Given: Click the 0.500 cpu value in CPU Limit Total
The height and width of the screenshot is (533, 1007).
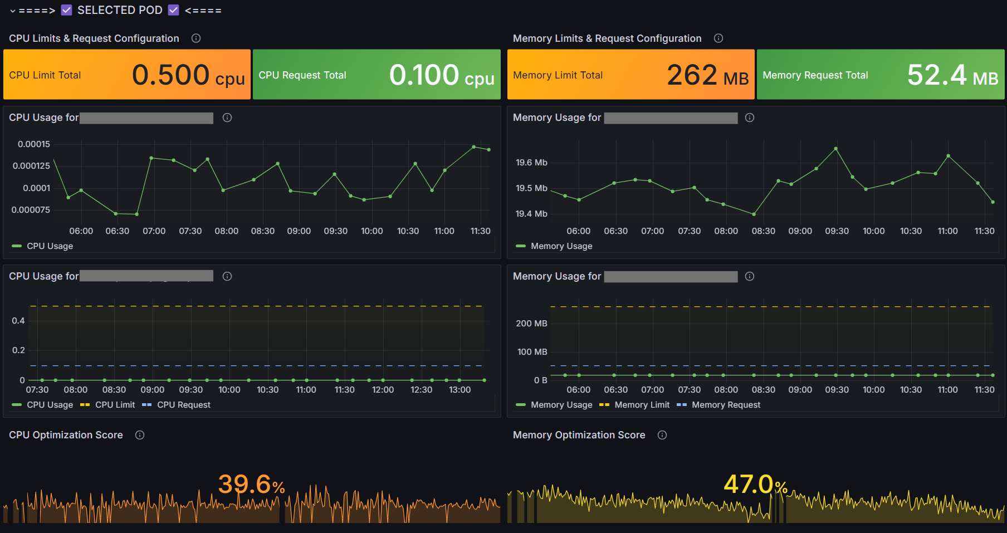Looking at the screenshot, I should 188,75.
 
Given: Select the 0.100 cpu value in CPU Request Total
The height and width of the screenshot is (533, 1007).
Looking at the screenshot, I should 441,75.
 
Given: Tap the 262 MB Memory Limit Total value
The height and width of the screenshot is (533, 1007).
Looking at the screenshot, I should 707,75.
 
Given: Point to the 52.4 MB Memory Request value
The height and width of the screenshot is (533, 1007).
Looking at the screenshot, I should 952,75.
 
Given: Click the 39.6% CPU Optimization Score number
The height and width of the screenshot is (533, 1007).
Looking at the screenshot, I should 251,484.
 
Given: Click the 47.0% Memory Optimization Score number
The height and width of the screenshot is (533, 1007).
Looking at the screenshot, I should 755,484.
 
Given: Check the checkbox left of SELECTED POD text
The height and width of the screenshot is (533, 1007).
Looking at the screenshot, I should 67,10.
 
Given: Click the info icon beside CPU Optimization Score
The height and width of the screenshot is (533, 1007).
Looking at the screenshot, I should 140,435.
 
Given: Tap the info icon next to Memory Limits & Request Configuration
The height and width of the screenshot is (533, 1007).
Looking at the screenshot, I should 718,38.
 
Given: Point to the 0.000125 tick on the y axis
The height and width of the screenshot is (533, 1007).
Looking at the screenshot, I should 31,166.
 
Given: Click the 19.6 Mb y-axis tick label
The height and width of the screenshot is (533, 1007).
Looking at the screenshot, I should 531,163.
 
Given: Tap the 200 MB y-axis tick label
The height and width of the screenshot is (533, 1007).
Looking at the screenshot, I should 531,324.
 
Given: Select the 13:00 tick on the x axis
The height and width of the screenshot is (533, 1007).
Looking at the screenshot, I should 459,390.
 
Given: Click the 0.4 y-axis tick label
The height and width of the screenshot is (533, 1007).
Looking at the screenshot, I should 18,321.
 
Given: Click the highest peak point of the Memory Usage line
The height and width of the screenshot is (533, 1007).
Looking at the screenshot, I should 836,149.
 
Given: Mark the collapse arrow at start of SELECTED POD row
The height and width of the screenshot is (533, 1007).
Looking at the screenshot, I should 13,11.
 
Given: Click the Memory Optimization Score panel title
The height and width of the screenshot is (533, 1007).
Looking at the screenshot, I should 579,435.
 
